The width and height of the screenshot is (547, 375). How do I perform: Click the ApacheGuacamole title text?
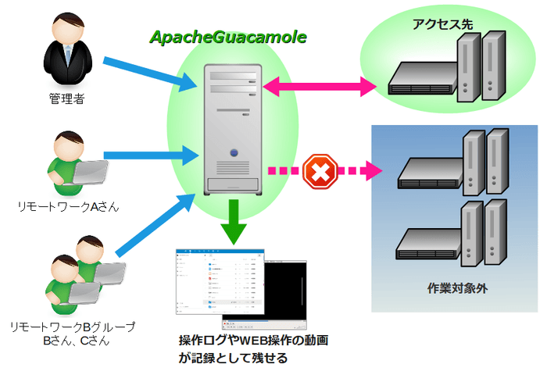pos(228,37)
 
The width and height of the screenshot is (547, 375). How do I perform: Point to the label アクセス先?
pos(442,24)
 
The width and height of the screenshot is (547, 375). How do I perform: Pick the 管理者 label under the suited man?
pos(66,99)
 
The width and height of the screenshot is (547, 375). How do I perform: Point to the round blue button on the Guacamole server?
pos(233,153)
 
